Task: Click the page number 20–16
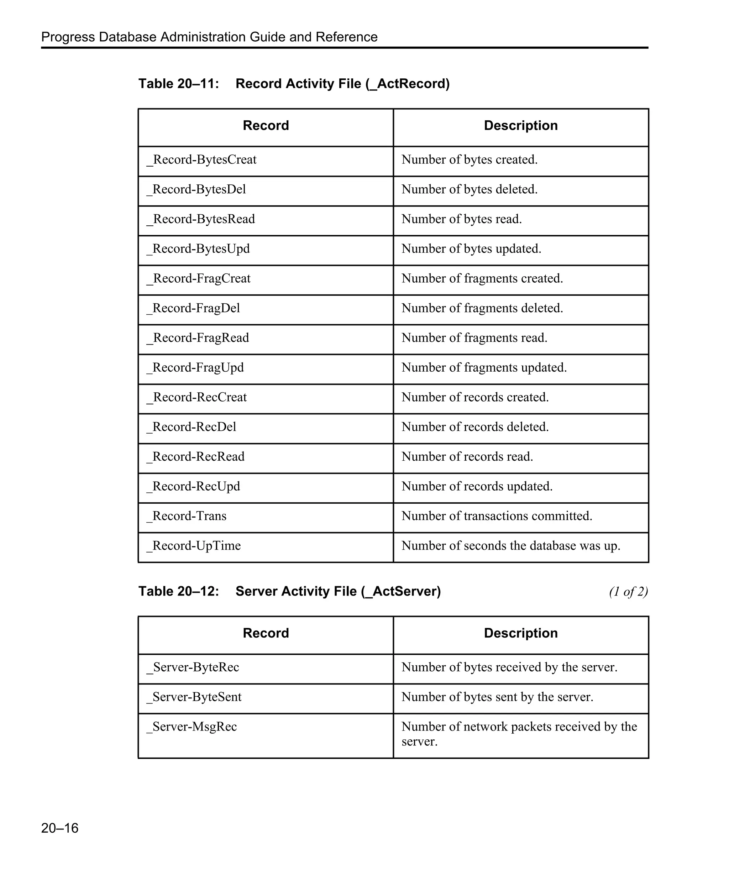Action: tap(59, 828)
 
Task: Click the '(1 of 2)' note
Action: tap(628, 591)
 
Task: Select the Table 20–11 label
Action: tap(178, 84)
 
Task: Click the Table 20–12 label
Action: tap(178, 591)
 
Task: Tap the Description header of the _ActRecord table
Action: tap(520, 125)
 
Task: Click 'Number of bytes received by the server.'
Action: tap(509, 667)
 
